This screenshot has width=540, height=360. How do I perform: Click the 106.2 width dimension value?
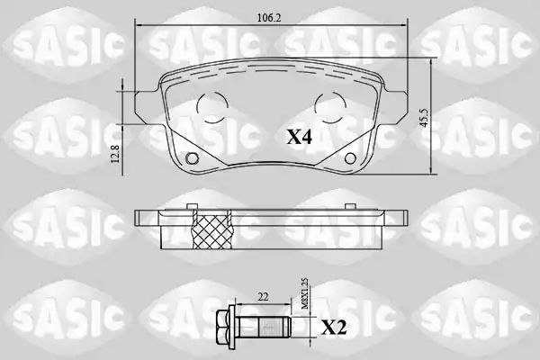pyautogui.click(x=269, y=18)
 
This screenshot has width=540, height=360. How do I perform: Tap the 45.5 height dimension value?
pyautogui.click(x=424, y=118)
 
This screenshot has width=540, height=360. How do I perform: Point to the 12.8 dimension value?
pyautogui.click(x=115, y=154)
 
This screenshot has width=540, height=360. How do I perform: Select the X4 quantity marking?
pyautogui.click(x=300, y=138)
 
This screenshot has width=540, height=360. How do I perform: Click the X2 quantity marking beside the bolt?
pyautogui.click(x=334, y=328)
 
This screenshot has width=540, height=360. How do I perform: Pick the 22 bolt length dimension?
pyautogui.click(x=263, y=297)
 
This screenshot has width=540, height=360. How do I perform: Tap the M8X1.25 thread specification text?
pyautogui.click(x=305, y=294)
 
